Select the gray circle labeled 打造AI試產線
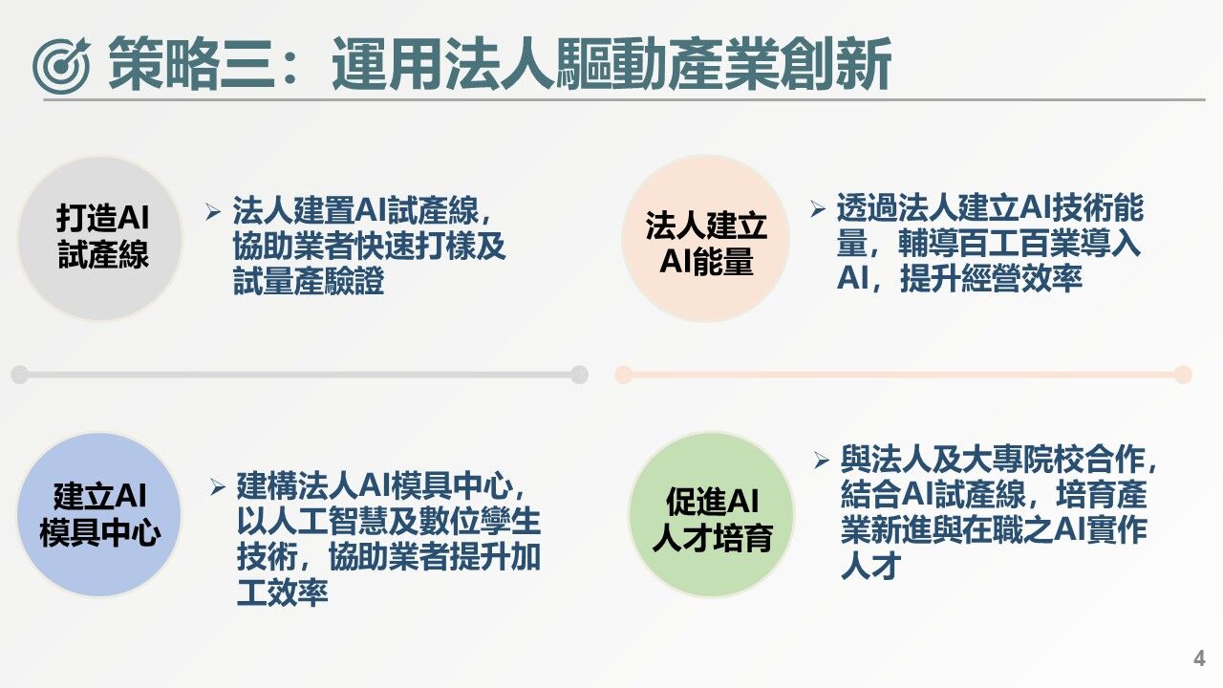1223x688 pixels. [101, 237]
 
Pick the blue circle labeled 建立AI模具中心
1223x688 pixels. [99, 515]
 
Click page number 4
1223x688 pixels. [1199, 659]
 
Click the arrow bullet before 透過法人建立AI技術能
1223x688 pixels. [817, 208]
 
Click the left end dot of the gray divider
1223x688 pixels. [19, 375]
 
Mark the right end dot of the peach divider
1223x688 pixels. [1183, 375]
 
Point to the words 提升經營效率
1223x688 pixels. [990, 278]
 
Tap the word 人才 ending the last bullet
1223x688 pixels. [870, 566]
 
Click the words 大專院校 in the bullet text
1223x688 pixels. [1019, 461]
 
